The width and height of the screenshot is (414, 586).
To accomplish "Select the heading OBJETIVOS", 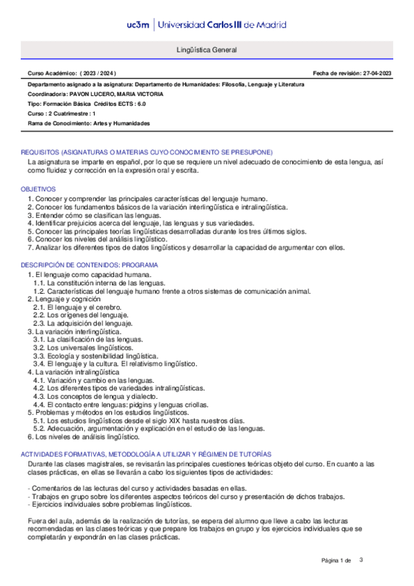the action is pyautogui.click(x=39, y=189).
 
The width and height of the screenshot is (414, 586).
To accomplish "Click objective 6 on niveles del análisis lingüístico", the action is pyautogui.click(x=111, y=239).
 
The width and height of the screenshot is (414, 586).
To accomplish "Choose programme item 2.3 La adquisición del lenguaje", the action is pyautogui.click(x=86, y=323).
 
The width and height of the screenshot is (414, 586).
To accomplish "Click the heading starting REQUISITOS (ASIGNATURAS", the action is pyautogui.click(x=147, y=151).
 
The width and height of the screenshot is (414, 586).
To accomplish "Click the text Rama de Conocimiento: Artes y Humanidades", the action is pyautogui.click(x=88, y=123).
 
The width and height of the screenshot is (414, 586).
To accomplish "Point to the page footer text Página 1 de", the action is pyautogui.click(x=337, y=559).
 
